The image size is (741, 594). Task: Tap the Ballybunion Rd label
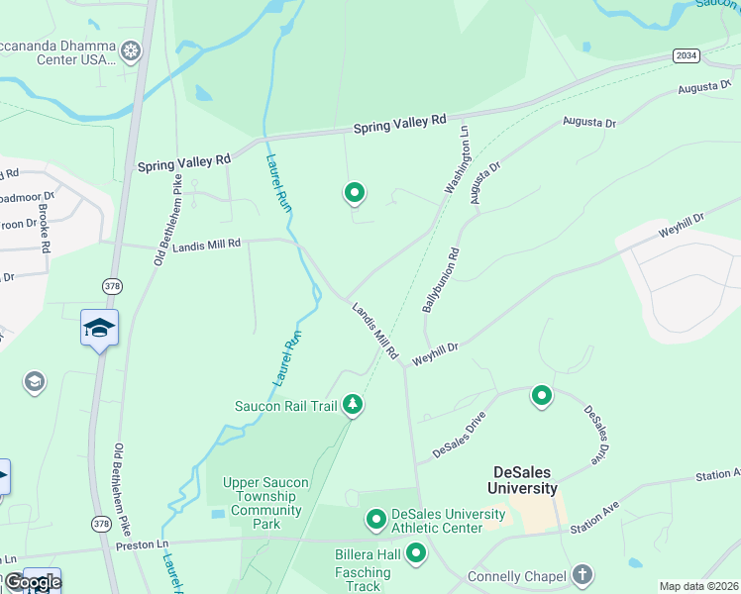point(441,280)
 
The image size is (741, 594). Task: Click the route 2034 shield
point(687,55)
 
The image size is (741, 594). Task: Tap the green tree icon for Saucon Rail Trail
point(352,404)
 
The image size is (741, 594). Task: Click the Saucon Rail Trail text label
point(285,405)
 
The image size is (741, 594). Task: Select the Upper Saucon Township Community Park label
point(265,504)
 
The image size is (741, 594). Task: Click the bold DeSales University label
point(522,480)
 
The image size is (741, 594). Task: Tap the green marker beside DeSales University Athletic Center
point(375,519)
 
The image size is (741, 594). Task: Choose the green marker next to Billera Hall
point(416,553)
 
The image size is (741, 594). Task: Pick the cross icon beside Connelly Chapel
point(582,575)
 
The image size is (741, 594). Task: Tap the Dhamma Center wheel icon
point(130,50)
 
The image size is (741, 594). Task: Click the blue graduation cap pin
point(99,328)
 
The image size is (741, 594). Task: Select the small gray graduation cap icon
point(35,381)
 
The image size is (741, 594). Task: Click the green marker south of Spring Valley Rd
point(354,193)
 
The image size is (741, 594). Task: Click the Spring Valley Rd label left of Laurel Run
point(184,160)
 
